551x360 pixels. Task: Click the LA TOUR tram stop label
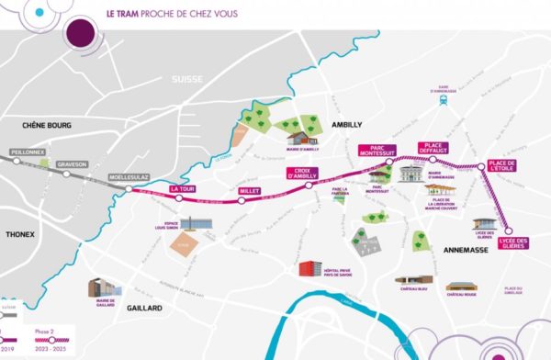coord(185,188)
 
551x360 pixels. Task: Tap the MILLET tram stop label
coord(249,191)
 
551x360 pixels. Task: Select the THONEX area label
coord(19,234)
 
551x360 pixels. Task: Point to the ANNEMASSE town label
coord(443,250)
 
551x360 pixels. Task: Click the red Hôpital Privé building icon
coord(310,268)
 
